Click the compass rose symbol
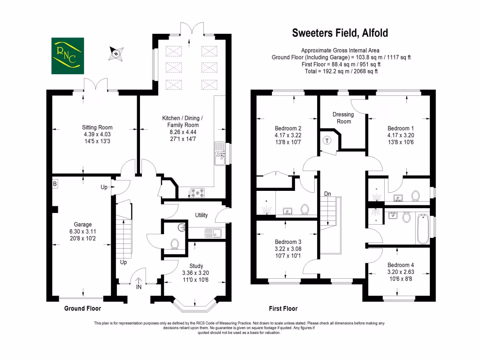coord(116,53)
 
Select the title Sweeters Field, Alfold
coord(340,33)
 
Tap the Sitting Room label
coord(97,127)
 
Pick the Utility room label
coord(202,215)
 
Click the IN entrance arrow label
coord(139,287)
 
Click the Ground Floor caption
coord(82,309)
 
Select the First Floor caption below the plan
coord(283,309)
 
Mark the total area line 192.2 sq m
coord(341,71)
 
